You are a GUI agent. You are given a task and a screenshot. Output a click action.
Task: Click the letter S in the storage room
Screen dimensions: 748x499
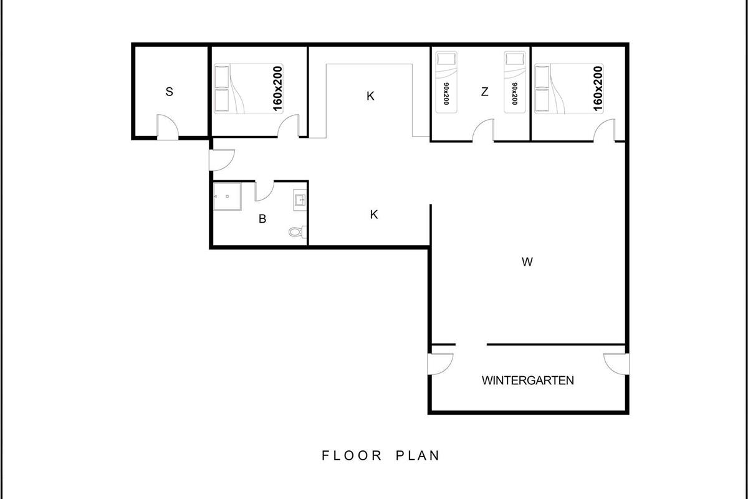click(170, 92)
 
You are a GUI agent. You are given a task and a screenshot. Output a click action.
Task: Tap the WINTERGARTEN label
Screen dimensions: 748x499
click(527, 380)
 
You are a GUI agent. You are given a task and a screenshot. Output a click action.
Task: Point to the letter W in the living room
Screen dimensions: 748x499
click(527, 262)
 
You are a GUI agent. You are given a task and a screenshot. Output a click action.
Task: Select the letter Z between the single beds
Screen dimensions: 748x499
click(484, 92)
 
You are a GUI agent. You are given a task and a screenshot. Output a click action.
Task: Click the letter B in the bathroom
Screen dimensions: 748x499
click(262, 219)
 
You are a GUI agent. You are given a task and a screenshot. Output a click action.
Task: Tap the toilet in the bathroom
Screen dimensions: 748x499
click(297, 231)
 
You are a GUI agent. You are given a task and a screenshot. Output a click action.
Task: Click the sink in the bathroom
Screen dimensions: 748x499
click(300, 200)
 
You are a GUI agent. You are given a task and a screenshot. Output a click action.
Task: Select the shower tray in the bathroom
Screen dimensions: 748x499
click(228, 196)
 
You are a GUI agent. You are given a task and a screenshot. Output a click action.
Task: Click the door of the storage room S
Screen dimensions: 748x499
click(168, 127)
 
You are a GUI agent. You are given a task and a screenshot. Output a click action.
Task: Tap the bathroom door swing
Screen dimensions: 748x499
click(264, 191)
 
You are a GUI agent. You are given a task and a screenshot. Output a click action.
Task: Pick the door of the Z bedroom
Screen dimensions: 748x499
click(483, 130)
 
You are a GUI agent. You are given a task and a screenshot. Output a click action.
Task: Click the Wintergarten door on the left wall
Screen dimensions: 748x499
click(441, 364)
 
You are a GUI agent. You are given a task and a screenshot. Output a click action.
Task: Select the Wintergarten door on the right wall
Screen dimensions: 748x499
click(616, 364)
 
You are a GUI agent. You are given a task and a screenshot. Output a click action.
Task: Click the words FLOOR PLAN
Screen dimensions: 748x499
click(381, 455)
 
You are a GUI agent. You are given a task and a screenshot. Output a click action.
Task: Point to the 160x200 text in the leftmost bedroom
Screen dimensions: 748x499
click(278, 89)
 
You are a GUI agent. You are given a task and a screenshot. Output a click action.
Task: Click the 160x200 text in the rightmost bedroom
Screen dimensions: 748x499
click(598, 89)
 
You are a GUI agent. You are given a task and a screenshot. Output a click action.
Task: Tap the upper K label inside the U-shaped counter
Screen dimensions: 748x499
click(370, 96)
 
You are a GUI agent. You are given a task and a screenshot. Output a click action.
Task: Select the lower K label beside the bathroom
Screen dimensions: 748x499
click(374, 215)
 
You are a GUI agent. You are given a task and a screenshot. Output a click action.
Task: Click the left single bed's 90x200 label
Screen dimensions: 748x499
click(446, 94)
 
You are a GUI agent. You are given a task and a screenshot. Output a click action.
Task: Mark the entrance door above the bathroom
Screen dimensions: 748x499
click(222, 160)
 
